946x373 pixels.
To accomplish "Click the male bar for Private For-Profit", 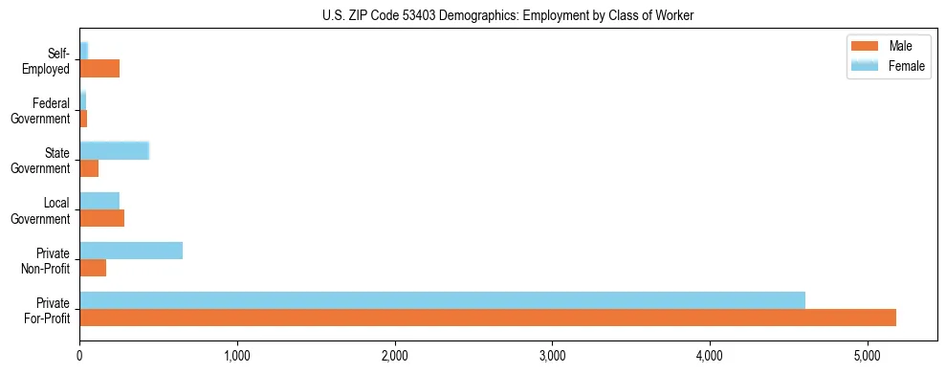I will [488, 318].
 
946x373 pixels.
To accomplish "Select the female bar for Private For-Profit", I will [442, 300].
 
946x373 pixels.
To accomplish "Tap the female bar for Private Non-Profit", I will [131, 251].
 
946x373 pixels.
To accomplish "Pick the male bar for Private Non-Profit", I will [93, 268].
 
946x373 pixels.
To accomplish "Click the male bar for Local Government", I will [101, 218].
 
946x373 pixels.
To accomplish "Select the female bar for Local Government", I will [99, 201].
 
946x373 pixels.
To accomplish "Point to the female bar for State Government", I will [114, 150].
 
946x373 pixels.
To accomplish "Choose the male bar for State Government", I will [89, 168].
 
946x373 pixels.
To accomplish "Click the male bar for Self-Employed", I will [99, 69].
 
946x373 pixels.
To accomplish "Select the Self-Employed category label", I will [49, 60].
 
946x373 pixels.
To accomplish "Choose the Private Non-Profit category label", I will [47, 260].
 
